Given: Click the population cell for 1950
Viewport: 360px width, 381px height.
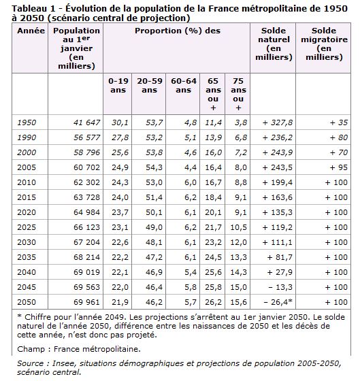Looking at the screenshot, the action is (x=87, y=122).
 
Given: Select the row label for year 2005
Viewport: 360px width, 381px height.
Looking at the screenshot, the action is (x=27, y=167).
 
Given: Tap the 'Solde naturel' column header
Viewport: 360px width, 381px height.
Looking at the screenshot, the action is (x=274, y=44).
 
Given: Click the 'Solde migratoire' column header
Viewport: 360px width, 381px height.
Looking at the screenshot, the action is (x=324, y=44).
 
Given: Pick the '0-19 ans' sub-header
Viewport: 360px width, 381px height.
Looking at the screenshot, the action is (x=118, y=85).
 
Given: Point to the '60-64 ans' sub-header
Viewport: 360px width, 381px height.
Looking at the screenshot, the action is (x=184, y=85).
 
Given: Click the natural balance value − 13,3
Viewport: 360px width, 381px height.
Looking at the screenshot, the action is (x=280, y=287).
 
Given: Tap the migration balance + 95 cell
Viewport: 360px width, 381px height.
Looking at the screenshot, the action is (x=339, y=167).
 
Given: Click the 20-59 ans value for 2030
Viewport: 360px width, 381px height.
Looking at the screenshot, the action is (x=154, y=242).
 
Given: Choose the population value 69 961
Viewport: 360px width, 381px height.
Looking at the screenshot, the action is (x=87, y=302).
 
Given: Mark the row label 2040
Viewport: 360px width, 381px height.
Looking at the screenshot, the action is (x=27, y=272).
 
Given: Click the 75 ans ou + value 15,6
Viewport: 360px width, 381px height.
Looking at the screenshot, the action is (x=238, y=302).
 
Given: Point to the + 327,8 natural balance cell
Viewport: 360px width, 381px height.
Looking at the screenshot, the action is (x=278, y=122).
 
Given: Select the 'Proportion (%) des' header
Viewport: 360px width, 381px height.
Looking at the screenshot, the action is (x=178, y=31).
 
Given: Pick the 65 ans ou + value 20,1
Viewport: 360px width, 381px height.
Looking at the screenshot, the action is (x=213, y=212).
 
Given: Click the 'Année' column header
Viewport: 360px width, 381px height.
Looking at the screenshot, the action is (x=31, y=31).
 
